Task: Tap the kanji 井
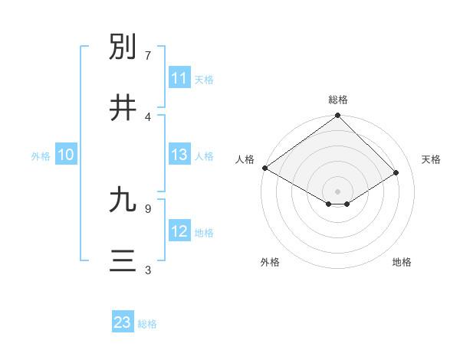coord(123,107)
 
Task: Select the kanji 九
coord(123,200)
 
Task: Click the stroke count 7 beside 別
coord(148,56)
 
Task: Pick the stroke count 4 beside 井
coord(148,116)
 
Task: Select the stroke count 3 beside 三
coord(148,270)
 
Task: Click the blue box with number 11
coord(179,78)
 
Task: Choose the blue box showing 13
coord(179,155)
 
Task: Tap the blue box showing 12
coord(179,231)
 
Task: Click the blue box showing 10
coord(66,155)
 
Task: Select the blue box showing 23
coord(123,322)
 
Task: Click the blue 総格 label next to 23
coord(147,324)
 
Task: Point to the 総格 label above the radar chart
coord(338,100)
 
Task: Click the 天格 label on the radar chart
coord(432,159)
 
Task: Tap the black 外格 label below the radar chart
coord(270,262)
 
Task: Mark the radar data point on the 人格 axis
coord(264,168)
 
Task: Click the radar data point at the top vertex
coord(338,116)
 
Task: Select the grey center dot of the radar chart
coord(338,191)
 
